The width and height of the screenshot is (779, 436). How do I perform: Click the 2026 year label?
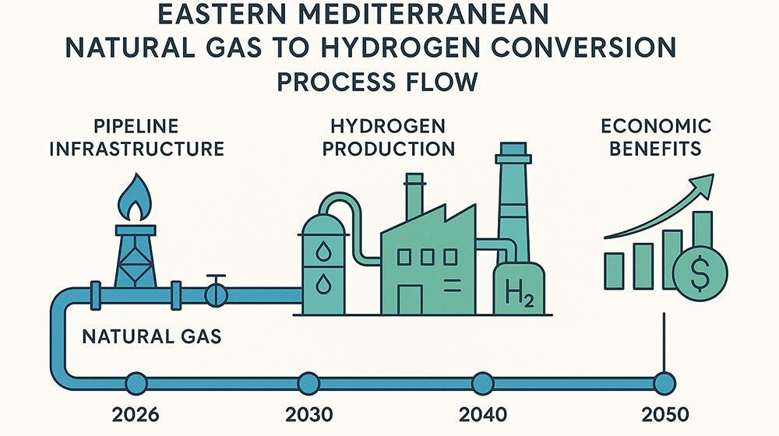point(135,413)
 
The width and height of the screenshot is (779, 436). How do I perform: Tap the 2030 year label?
point(308,413)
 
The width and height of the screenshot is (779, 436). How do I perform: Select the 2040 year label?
point(482,413)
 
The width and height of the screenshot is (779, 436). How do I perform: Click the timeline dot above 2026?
point(136,382)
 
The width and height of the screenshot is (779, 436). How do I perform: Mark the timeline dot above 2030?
point(308,382)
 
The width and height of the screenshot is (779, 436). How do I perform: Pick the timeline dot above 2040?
point(482,382)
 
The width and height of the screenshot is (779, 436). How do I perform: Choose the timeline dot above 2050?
point(664,382)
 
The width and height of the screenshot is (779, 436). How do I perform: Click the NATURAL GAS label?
point(153,337)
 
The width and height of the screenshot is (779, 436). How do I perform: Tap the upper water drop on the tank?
point(323,251)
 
